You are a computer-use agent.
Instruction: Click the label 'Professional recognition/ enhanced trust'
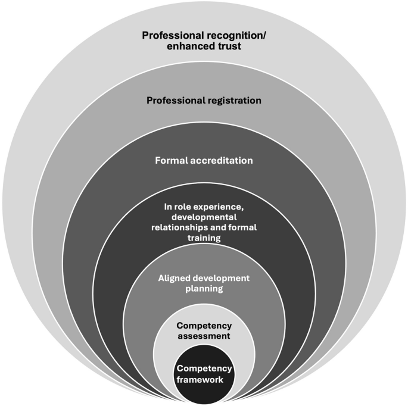coord(204,41)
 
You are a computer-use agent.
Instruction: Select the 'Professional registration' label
coord(204,100)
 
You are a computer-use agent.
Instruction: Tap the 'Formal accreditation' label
coord(204,160)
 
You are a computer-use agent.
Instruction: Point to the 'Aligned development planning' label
coord(204,283)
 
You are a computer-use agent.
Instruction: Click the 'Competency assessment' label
coord(204,330)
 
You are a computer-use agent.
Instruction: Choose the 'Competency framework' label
coord(204,373)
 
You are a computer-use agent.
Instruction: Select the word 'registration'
coord(231,100)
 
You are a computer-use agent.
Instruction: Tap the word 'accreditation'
coord(221,160)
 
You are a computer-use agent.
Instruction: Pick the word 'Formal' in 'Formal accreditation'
coord(171,160)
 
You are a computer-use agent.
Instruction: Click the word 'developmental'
coord(204,217)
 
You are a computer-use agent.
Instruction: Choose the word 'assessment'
coord(204,336)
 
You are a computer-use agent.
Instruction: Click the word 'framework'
coord(204,378)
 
